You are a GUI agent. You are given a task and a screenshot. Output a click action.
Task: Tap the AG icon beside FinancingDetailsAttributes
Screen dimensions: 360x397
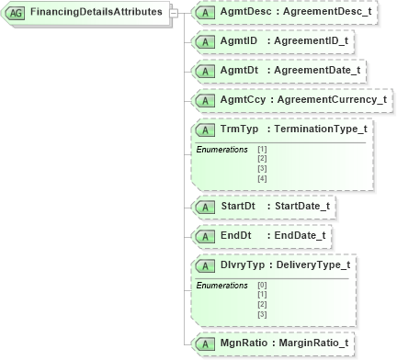click(16, 14)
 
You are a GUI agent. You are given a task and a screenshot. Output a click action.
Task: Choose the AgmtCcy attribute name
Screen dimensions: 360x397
click(242, 99)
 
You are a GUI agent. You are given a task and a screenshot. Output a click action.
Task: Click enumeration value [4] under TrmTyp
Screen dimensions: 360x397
click(263, 177)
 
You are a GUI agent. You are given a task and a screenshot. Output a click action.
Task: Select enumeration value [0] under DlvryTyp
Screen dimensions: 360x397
click(263, 286)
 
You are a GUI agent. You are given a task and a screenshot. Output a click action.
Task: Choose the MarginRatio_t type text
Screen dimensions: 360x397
click(312, 343)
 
